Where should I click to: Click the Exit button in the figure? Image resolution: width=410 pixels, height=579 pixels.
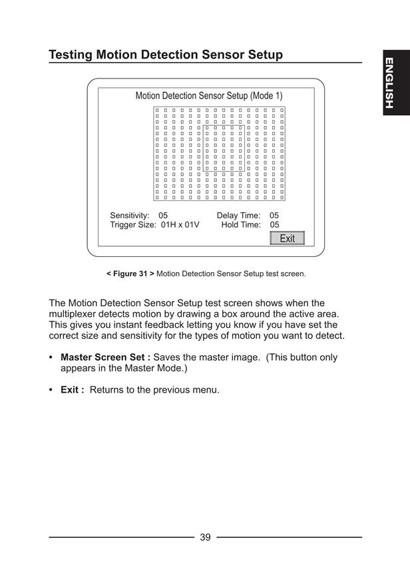click(x=287, y=238)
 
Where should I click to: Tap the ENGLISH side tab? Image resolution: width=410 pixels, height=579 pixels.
click(x=396, y=83)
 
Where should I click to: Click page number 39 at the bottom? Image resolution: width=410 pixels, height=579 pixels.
click(x=206, y=537)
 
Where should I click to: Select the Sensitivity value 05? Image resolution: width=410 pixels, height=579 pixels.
click(x=163, y=215)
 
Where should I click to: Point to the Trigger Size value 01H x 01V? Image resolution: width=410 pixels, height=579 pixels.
click(x=180, y=224)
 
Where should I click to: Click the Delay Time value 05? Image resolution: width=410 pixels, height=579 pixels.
click(x=274, y=215)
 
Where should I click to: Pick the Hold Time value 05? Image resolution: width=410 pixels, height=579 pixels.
click(x=274, y=224)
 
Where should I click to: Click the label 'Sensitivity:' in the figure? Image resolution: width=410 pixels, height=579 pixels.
click(x=130, y=216)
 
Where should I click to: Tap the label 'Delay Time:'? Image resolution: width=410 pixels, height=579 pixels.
click(x=239, y=216)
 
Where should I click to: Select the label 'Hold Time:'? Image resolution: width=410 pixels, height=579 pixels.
click(x=241, y=224)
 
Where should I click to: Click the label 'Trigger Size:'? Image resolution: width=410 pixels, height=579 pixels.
click(x=133, y=225)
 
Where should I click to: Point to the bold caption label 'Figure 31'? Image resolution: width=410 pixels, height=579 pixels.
click(x=130, y=274)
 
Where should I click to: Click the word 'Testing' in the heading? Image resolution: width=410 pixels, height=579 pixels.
click(x=71, y=55)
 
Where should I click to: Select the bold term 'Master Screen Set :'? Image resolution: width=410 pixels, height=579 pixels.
click(x=105, y=357)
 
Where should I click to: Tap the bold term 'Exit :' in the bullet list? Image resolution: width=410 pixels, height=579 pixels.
click(x=73, y=390)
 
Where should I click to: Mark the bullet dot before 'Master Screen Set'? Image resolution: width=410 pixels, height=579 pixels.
click(x=51, y=358)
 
